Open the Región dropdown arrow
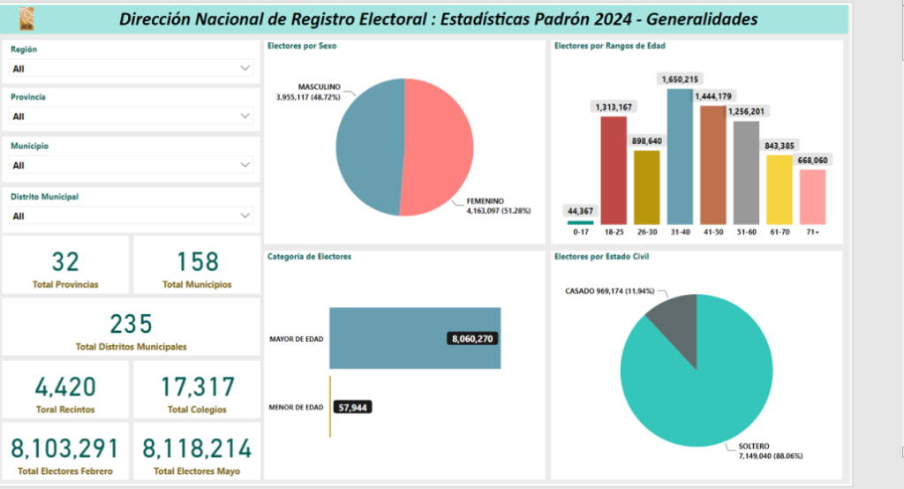click(x=245, y=68)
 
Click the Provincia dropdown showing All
click(x=132, y=116)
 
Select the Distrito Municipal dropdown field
click(x=132, y=215)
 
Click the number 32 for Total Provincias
click(x=65, y=261)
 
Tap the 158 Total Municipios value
click(x=197, y=261)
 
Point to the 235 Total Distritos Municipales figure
click(x=132, y=324)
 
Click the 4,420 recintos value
click(x=65, y=387)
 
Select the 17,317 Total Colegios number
click(x=197, y=387)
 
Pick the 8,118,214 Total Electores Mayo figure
click(x=197, y=448)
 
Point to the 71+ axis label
click(x=813, y=232)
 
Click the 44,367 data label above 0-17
click(x=581, y=210)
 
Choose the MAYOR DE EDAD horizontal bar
click(x=415, y=338)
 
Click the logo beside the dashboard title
click(x=21, y=19)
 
